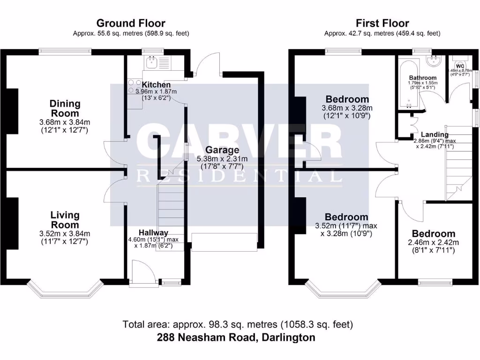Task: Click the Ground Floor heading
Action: tap(131, 23)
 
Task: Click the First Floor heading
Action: tap(382, 23)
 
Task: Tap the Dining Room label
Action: tap(65, 108)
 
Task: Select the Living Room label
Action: tap(65, 220)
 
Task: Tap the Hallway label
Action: tap(153, 232)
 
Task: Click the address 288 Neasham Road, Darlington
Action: tap(237, 337)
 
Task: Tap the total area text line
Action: tap(238, 324)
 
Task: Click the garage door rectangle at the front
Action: tap(225, 241)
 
